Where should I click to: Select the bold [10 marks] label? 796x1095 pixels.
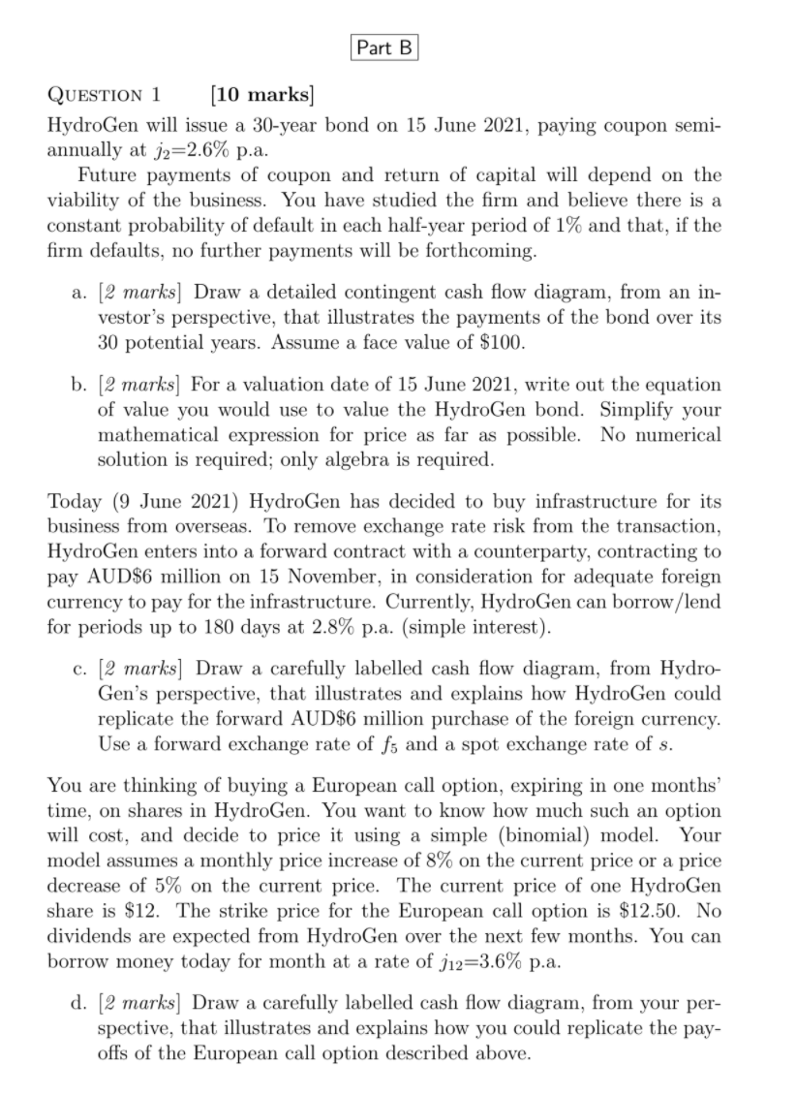(262, 95)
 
